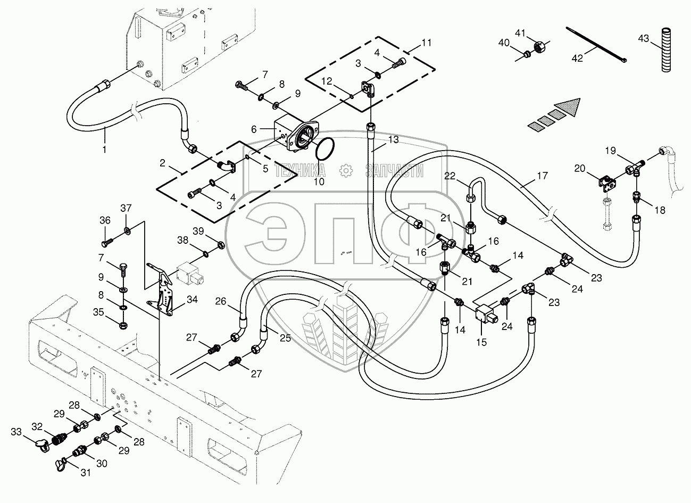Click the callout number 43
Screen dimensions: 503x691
(x=643, y=38)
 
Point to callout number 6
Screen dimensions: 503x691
(x=254, y=129)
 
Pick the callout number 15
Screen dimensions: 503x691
(x=481, y=342)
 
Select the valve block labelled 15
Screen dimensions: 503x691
(x=487, y=312)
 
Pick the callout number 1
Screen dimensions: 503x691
(x=104, y=150)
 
